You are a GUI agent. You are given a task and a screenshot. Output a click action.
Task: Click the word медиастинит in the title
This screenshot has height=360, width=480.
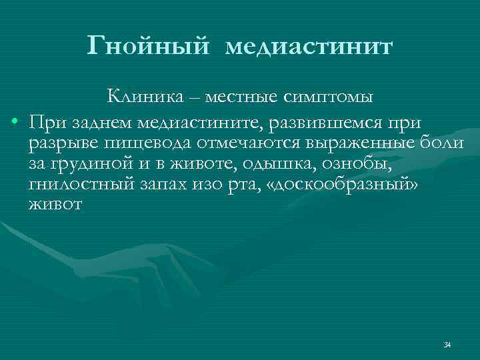tap(309, 47)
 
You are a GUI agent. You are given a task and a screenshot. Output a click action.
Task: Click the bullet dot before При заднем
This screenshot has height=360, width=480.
tap(14, 124)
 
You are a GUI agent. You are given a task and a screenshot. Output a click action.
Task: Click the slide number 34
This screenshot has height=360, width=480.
tap(447, 345)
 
